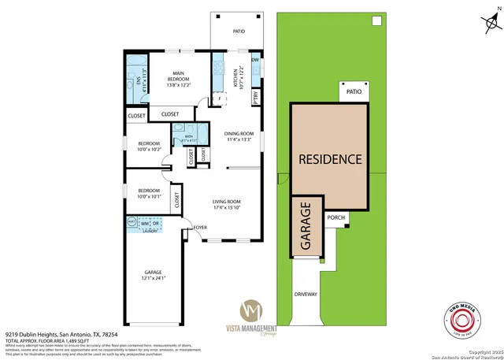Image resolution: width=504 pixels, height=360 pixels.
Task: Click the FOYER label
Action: pyautogui.click(x=199, y=227)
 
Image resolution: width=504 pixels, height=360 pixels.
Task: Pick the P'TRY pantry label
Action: pyautogui.click(x=256, y=98)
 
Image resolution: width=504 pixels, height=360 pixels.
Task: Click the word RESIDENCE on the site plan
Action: pyautogui.click(x=330, y=159)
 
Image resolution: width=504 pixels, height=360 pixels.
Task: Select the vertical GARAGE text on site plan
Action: pyautogui.click(x=305, y=228)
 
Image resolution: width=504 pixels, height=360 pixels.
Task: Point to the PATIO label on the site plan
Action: pyautogui.click(x=354, y=92)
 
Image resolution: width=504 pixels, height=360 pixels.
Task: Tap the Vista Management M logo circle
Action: pyautogui.click(x=253, y=308)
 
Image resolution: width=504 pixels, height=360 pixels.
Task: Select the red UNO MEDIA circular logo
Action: pyautogui.click(x=469, y=317)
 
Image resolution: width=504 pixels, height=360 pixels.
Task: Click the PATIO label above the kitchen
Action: pyautogui.click(x=239, y=32)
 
